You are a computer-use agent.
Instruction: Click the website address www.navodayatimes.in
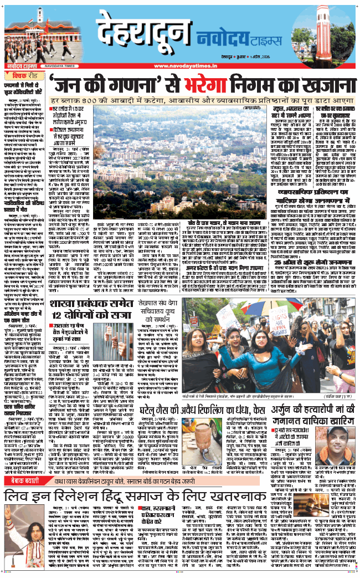[183, 67]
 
